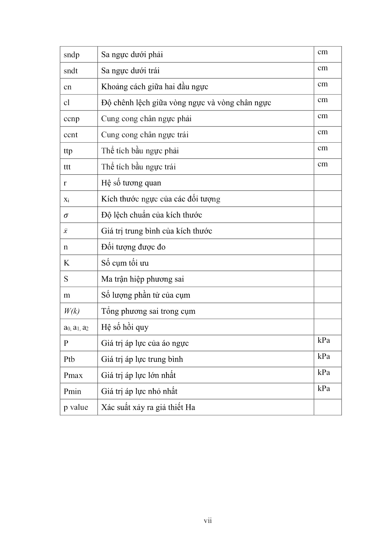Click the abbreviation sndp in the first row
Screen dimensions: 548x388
(x=71, y=55)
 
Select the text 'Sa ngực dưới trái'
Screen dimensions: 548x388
(x=130, y=71)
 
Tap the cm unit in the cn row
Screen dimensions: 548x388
(x=323, y=84)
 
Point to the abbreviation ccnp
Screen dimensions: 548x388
(x=71, y=119)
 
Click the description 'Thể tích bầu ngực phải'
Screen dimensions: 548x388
(x=140, y=151)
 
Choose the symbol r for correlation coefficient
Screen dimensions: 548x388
(x=65, y=183)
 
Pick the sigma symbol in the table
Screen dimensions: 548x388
(x=66, y=215)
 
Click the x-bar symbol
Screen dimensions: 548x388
(x=66, y=231)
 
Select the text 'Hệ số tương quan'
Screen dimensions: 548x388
(x=131, y=183)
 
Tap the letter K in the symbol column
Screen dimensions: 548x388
(x=66, y=263)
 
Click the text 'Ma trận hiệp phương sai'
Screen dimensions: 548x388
(x=142, y=279)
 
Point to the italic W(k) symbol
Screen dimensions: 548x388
(x=71, y=311)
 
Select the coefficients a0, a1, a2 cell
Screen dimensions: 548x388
(x=76, y=327)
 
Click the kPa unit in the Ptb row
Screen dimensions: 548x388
(x=324, y=357)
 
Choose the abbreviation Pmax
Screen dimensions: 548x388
(x=73, y=376)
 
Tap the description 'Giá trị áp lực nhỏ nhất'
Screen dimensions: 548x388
(x=139, y=391)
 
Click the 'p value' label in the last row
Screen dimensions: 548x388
(x=76, y=407)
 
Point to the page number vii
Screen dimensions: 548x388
(x=208, y=521)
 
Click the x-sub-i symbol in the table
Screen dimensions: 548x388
(x=66, y=200)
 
